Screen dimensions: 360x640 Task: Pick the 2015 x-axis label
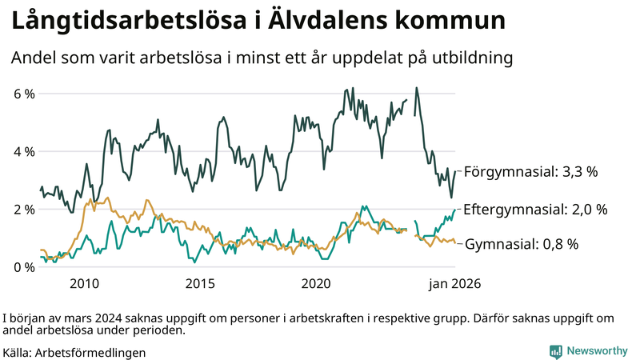coord(200,283)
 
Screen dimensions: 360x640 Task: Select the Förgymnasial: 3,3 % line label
coord(530,171)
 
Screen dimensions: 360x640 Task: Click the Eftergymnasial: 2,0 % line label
coord(535,209)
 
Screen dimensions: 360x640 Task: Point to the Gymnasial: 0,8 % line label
coord(521,244)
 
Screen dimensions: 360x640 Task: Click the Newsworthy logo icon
coord(555,351)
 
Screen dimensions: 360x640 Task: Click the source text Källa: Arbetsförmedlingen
coord(74,352)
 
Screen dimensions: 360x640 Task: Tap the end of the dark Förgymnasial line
coord(456,170)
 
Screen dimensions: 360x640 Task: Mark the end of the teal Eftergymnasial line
coord(456,210)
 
